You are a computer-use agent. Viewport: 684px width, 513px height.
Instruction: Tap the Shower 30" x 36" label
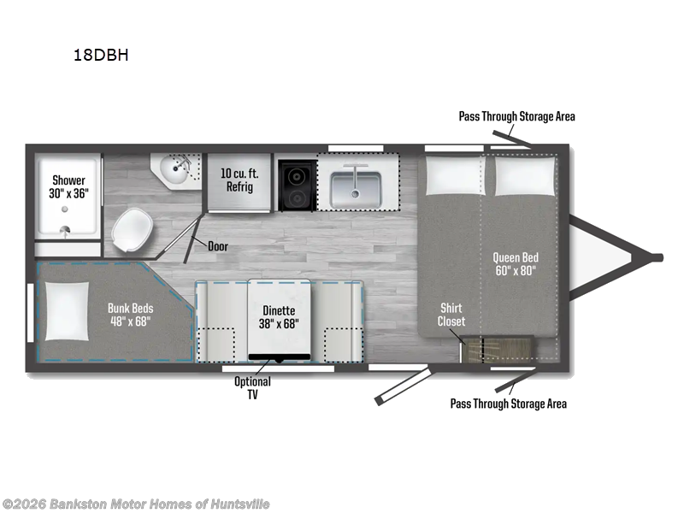[68, 186]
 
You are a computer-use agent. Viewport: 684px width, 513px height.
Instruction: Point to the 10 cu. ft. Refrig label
[239, 180]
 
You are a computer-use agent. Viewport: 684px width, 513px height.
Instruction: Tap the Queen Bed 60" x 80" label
[516, 262]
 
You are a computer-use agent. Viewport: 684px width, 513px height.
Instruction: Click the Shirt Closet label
[452, 315]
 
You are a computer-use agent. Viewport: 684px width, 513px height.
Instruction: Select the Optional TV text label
[253, 387]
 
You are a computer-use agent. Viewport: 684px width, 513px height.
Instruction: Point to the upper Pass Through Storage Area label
[516, 116]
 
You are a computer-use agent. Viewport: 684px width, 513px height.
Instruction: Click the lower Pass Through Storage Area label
[508, 404]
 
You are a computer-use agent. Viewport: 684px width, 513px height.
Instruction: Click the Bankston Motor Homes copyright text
[136, 504]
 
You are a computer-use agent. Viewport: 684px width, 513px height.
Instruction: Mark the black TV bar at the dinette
[279, 356]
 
